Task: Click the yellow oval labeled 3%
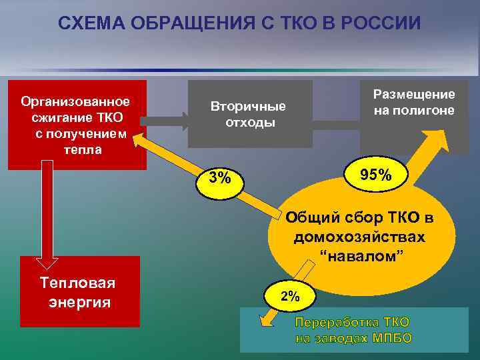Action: pos(220,178)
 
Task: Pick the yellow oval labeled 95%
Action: pos(375,175)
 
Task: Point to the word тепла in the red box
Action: pos(83,149)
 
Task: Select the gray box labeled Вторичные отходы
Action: pos(249,114)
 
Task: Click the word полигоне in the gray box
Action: pos(414,111)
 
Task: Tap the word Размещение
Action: pos(414,95)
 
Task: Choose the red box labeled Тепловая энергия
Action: pos(80,292)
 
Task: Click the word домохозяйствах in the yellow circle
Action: pos(360,237)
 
